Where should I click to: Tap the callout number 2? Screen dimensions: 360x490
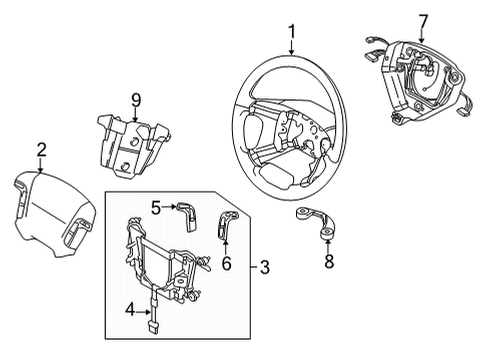pyautogui.click(x=40, y=151)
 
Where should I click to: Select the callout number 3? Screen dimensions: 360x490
pyautogui.click(x=265, y=267)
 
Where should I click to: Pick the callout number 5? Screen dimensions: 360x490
pyautogui.click(x=157, y=207)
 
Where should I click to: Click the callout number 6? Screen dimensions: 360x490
pyautogui.click(x=225, y=264)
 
